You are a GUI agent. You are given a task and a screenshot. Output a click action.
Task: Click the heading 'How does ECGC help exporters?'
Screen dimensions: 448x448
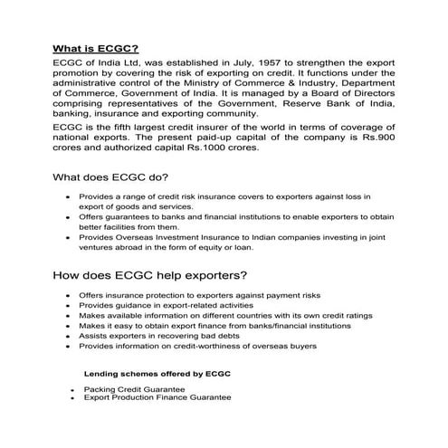152,275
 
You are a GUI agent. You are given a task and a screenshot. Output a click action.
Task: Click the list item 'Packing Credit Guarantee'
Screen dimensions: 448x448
134,388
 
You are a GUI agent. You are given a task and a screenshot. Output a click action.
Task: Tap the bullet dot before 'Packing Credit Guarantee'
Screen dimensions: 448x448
71,389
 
